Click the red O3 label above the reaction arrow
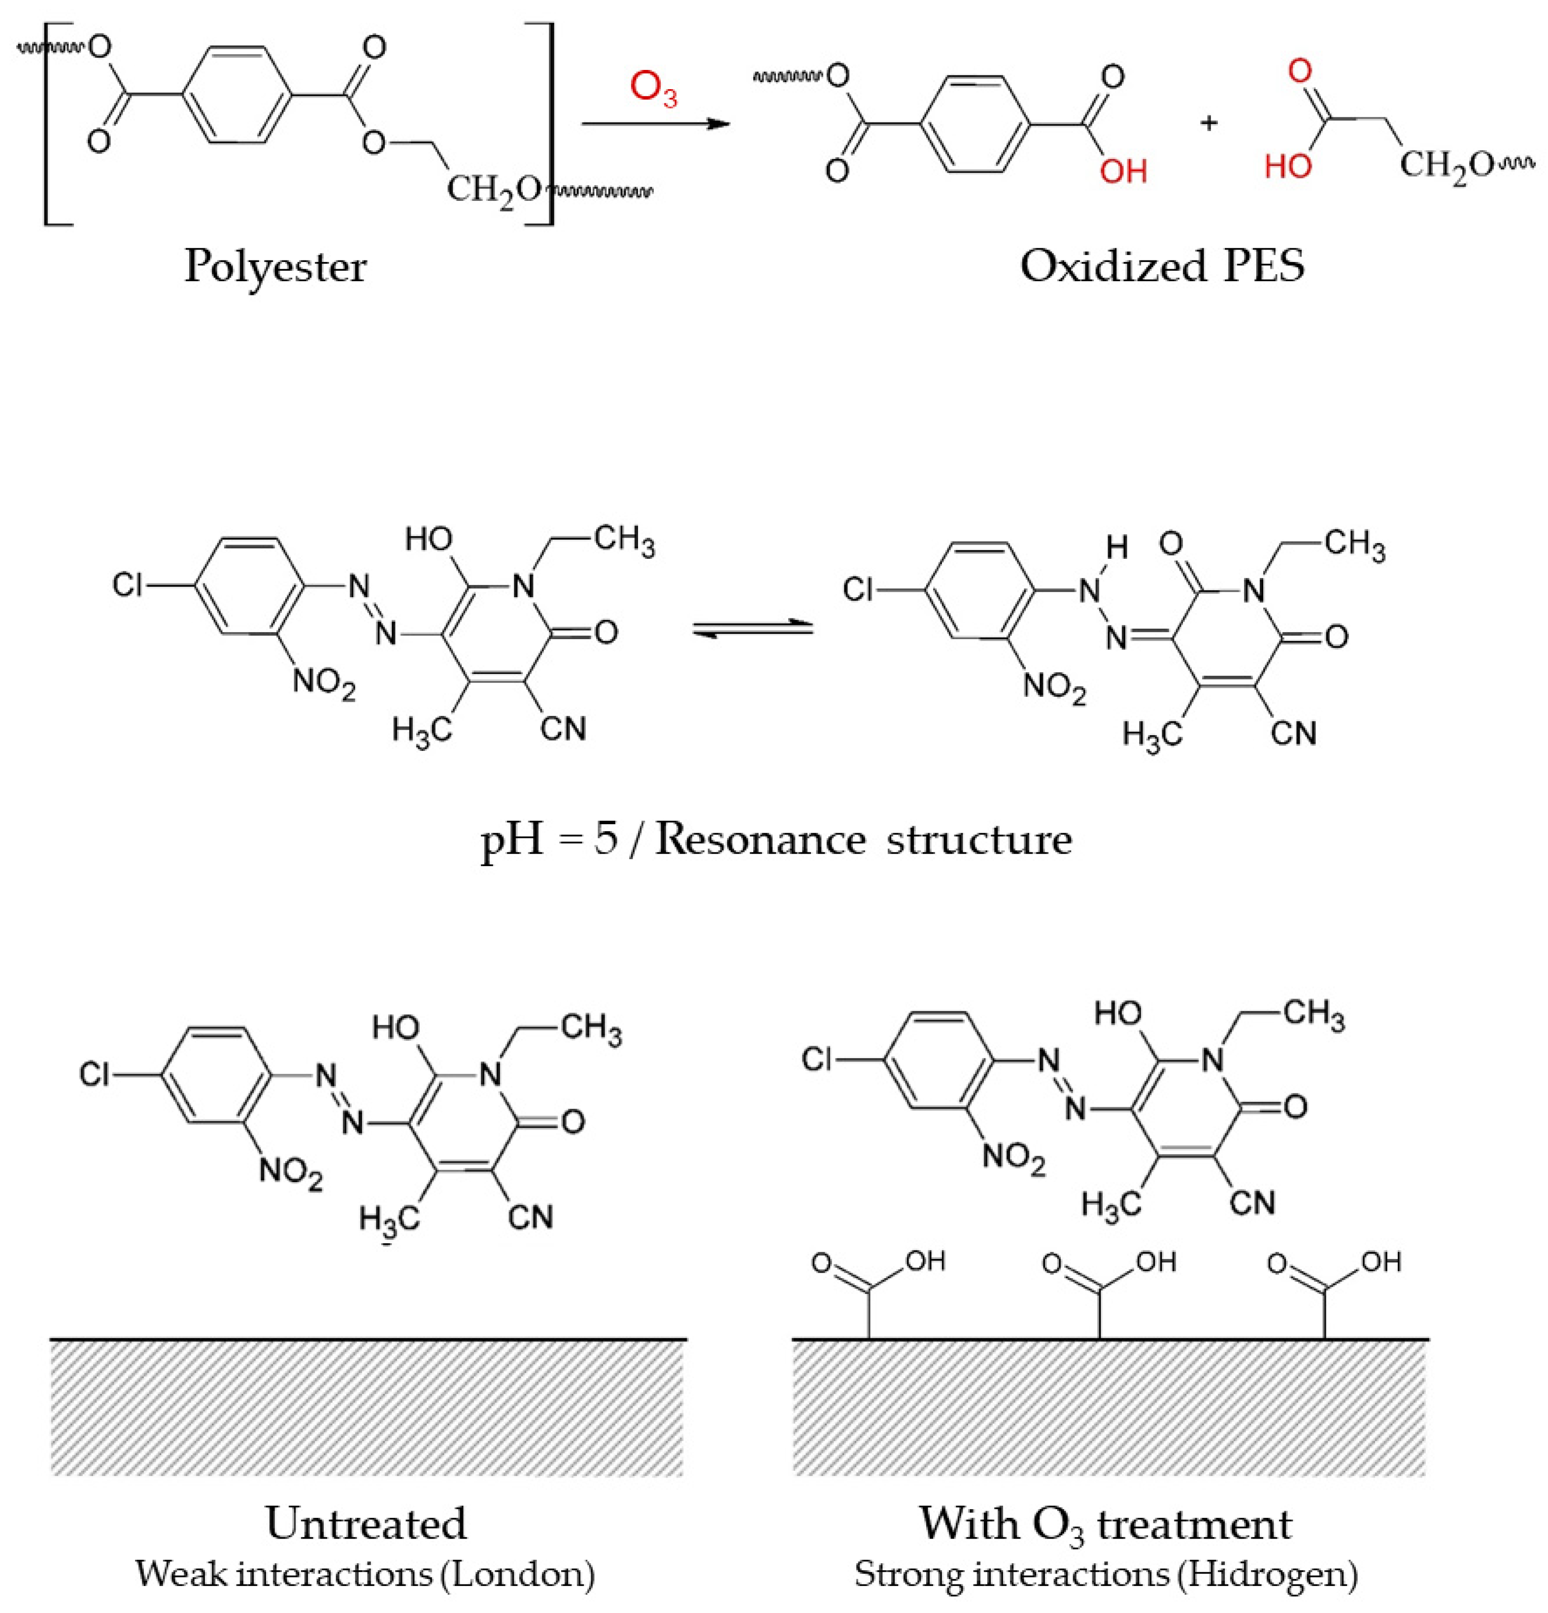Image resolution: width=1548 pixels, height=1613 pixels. pos(653,89)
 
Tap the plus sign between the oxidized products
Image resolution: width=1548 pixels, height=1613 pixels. pos(1209,124)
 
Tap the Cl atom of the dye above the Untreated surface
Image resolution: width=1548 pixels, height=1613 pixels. pos(95,1075)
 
